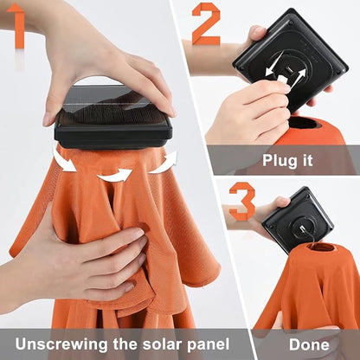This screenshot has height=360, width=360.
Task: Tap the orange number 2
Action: (206, 23)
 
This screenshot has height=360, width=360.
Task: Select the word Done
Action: (309, 344)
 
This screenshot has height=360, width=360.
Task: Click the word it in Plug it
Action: (306, 160)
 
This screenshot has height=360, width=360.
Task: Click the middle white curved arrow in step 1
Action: (115, 176)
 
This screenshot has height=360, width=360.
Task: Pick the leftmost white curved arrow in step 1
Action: (64, 159)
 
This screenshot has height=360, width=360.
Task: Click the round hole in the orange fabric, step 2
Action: (305, 123)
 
